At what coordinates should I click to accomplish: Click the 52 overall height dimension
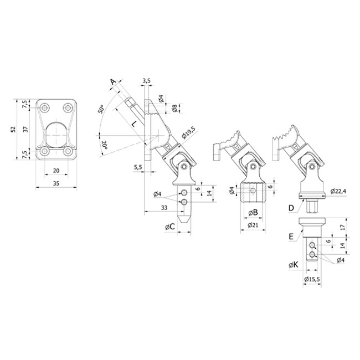point(13,129)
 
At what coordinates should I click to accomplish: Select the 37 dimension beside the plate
point(25,129)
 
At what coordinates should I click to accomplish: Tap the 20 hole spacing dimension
point(56,171)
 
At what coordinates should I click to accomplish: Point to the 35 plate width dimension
point(56,183)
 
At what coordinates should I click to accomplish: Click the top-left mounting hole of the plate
point(44,107)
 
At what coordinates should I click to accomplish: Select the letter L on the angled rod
point(133,124)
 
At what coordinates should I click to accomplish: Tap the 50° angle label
point(101,109)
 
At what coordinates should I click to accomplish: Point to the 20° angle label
point(104,145)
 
